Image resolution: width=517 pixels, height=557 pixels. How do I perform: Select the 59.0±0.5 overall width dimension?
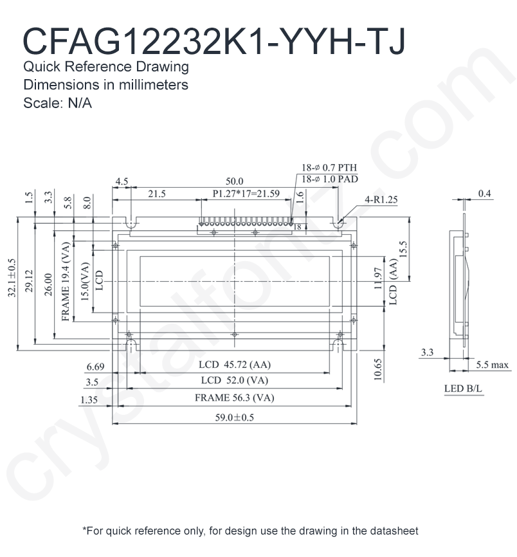(234, 417)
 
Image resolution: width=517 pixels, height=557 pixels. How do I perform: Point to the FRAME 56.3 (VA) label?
(234, 398)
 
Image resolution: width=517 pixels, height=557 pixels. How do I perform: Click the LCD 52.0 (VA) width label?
(234, 380)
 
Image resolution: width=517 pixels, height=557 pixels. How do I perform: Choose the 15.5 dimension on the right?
(403, 250)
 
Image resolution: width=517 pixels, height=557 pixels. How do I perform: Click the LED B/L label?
(463, 389)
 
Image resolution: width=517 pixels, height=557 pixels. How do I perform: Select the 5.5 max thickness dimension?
(492, 365)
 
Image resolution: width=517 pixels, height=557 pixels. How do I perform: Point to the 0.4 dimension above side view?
(485, 194)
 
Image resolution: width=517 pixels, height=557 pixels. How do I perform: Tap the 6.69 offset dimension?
(95, 367)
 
